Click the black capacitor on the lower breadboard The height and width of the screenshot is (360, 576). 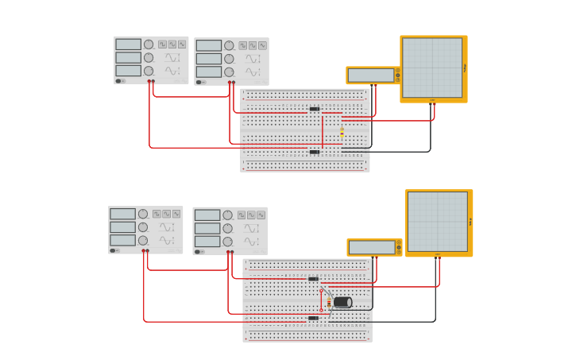pyautogui.click(x=342, y=302)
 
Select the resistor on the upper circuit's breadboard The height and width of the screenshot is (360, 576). pyautogui.click(x=342, y=132)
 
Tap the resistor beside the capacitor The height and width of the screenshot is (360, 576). pyautogui.click(x=329, y=302)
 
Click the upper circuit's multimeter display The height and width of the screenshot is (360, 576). pyautogui.click(x=371, y=75)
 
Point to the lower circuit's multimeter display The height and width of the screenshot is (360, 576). pyautogui.click(x=372, y=247)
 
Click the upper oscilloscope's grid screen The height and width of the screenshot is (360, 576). pyautogui.click(x=432, y=68)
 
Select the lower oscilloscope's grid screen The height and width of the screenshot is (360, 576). pyautogui.click(x=438, y=221)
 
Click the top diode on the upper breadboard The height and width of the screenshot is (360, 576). pyautogui.click(x=315, y=109)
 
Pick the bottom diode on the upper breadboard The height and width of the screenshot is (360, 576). pyautogui.click(x=315, y=151)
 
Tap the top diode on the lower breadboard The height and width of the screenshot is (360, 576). pyautogui.click(x=314, y=279)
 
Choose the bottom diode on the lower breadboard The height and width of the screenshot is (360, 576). pyautogui.click(x=314, y=318)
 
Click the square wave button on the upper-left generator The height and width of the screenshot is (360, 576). pyautogui.click(x=162, y=45)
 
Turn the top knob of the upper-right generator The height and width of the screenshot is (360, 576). pyautogui.click(x=229, y=46)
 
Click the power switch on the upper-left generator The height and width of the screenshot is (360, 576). pyautogui.click(x=119, y=80)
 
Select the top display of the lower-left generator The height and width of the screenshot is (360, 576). pyautogui.click(x=122, y=214)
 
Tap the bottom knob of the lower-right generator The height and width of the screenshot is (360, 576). pyautogui.click(x=227, y=242)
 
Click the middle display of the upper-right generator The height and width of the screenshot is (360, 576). pyautogui.click(x=209, y=59)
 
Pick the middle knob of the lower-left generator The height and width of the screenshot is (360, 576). pyautogui.click(x=143, y=227)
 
